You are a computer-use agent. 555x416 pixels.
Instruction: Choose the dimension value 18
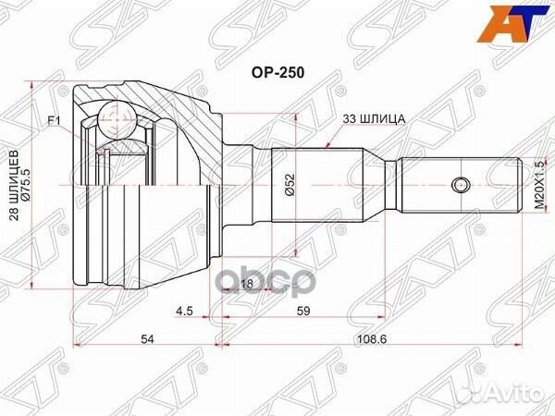point(247,284)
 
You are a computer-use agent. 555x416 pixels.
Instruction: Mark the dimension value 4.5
point(185,312)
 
